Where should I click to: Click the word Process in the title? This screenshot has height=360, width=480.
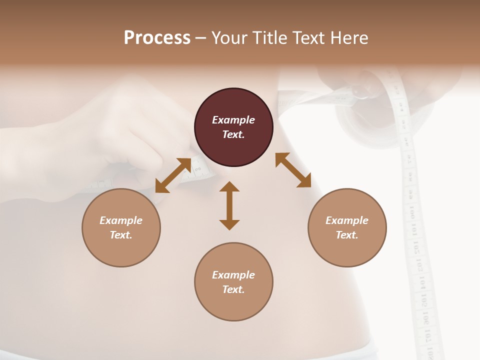pyautogui.click(x=157, y=38)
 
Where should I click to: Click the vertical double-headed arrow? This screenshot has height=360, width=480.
pyautogui.click(x=229, y=205)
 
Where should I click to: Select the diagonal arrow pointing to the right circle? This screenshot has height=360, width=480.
pyautogui.click(x=293, y=170)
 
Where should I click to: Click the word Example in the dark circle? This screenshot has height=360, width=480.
pyautogui.click(x=233, y=120)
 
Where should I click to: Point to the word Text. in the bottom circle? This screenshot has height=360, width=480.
pyautogui.click(x=233, y=289)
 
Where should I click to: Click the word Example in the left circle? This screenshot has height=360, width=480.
pyautogui.click(x=121, y=220)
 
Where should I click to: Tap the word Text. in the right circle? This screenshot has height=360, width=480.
pyautogui.click(x=347, y=235)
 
